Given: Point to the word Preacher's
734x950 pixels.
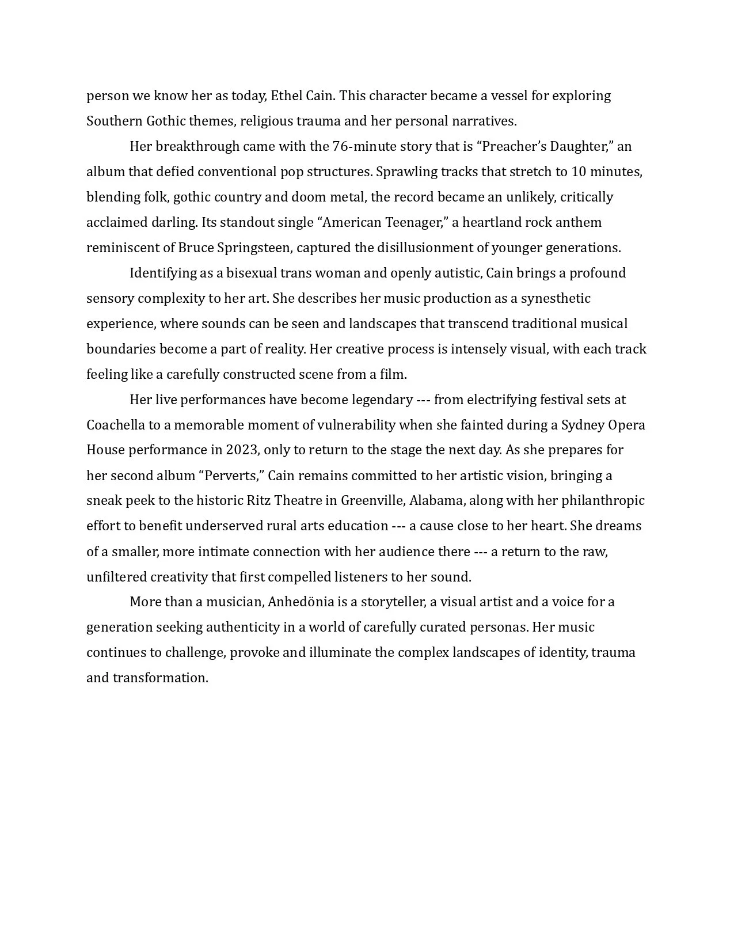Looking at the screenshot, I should coord(511,146).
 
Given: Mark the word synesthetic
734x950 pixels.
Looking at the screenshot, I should coord(556,298).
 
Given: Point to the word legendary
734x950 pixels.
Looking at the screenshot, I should coord(382,400).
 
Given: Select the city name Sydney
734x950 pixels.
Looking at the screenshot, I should coord(583,425).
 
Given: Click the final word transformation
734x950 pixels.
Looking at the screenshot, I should coord(160,678).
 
